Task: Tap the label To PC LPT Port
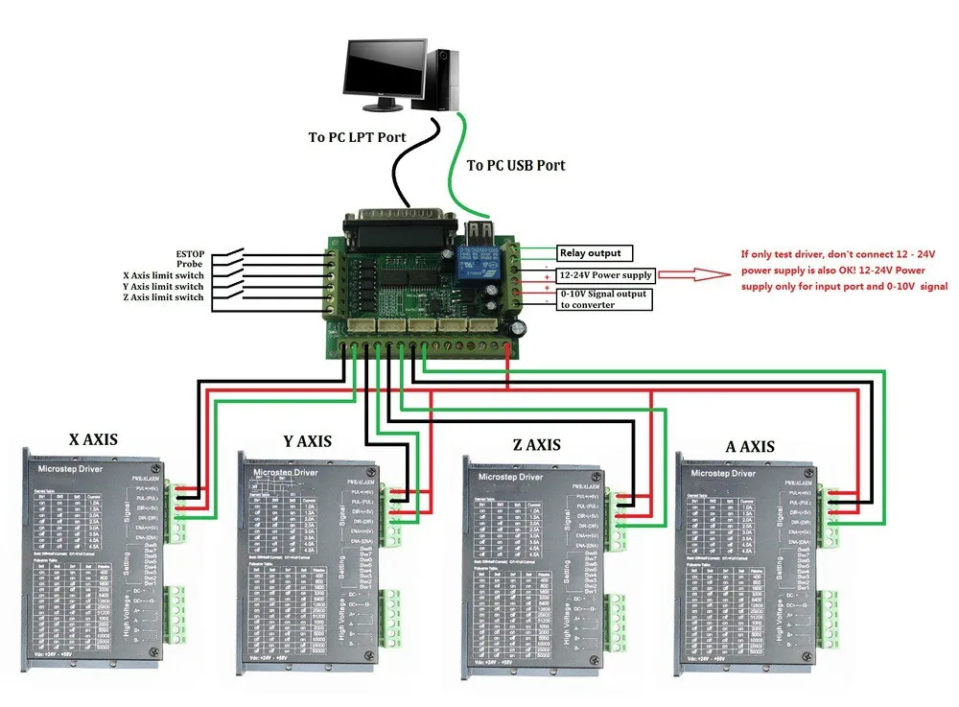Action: point(357,137)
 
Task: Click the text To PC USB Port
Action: point(516,165)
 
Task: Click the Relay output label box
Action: point(590,253)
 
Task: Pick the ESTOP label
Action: point(189,253)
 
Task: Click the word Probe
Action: point(190,264)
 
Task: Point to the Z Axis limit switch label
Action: point(163,297)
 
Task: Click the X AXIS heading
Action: point(93,440)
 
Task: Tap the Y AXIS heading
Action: point(307,441)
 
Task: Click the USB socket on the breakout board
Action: point(478,233)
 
